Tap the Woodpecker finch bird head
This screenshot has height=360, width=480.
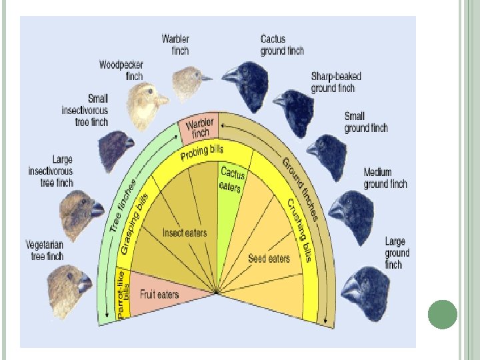pyautogui.click(x=147, y=105)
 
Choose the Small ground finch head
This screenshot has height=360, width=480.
pyautogui.click(x=327, y=155)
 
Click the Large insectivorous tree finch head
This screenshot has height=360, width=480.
pyautogui.click(x=81, y=215)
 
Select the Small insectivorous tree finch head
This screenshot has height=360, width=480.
pyautogui.click(x=115, y=151)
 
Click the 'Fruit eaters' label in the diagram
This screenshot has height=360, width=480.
pyautogui.click(x=159, y=293)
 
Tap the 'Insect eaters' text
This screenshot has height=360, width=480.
pyautogui.click(x=185, y=233)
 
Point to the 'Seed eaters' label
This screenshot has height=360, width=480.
pyautogui.click(x=269, y=257)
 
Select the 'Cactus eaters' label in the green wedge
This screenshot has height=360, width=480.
pyautogui.click(x=232, y=179)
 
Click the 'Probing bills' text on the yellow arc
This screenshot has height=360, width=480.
pyautogui.click(x=202, y=153)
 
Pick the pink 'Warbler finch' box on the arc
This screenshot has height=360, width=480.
pyautogui.click(x=199, y=128)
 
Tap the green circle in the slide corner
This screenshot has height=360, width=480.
pyautogui.click(x=442, y=315)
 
